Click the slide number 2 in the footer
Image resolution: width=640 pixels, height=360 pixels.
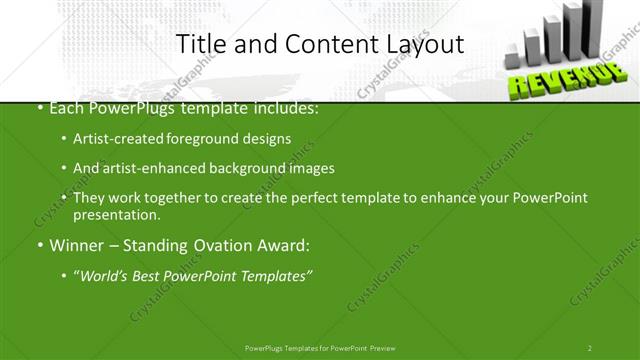point(589,348)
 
